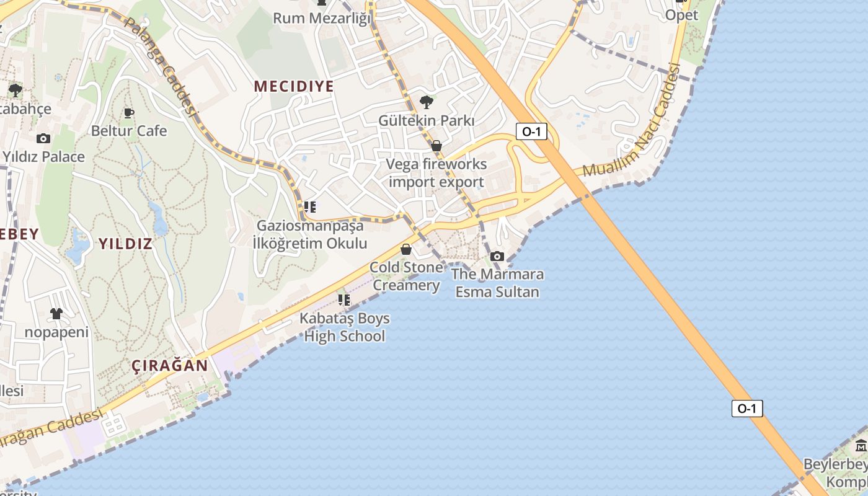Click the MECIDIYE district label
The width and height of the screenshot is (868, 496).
(294, 86)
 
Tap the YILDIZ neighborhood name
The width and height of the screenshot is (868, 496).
(125, 244)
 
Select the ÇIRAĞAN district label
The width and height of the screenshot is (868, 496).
(170, 365)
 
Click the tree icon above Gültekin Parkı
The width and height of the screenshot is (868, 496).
(426, 102)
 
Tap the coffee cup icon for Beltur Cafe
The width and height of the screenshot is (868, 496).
(129, 113)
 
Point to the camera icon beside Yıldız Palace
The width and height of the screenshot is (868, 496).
(43, 138)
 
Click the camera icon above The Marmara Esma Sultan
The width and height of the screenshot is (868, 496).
(497, 256)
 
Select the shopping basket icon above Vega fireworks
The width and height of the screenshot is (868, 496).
(436, 146)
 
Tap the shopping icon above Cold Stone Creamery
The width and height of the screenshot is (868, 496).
(406, 249)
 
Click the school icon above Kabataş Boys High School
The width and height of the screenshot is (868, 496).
(344, 300)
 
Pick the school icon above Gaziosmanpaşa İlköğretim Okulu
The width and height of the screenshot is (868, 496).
(310, 207)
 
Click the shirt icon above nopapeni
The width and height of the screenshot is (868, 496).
(56, 314)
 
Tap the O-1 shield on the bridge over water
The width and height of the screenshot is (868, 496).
(747, 409)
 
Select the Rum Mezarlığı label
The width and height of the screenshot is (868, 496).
(322, 18)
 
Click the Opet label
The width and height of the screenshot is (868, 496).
(681, 15)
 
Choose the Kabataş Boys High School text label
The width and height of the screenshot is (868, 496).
(345, 327)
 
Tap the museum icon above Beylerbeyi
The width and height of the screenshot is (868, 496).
(861, 445)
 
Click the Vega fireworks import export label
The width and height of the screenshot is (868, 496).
(436, 173)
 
